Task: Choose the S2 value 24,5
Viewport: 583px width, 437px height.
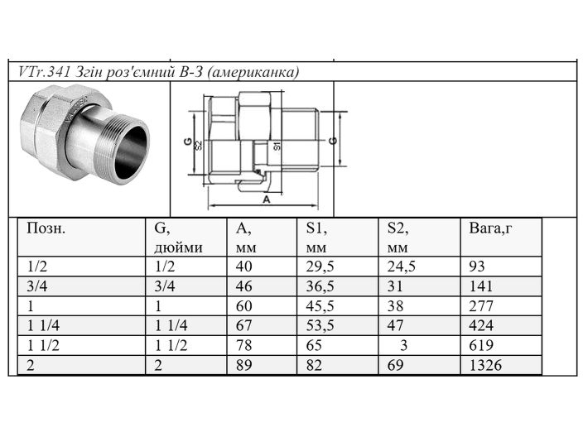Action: click(x=401, y=267)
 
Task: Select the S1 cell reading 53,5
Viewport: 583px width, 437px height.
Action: click(x=320, y=325)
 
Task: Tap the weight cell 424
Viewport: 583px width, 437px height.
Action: click(x=480, y=325)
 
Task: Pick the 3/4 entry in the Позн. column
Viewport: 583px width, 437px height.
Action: click(x=37, y=286)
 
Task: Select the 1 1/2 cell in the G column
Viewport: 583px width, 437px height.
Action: click(x=170, y=345)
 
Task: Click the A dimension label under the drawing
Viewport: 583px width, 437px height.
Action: click(x=266, y=199)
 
